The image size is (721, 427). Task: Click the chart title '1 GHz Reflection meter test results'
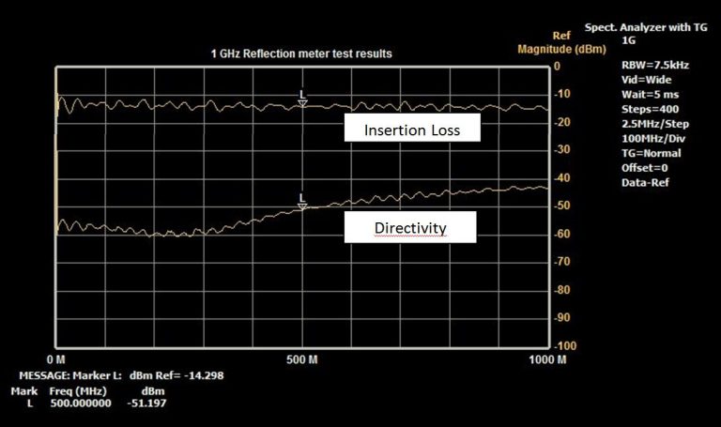tap(300, 54)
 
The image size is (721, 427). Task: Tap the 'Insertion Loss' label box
tap(412, 130)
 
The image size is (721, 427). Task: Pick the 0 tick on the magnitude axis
tap(557, 66)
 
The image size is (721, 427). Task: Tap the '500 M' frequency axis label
tap(303, 360)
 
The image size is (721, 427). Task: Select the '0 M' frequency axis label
tap(55, 360)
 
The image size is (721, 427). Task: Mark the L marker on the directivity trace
tap(302, 200)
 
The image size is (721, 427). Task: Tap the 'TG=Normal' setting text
tap(651, 153)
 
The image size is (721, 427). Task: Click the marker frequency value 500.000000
tap(82, 404)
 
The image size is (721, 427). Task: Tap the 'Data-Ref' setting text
tap(647, 181)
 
